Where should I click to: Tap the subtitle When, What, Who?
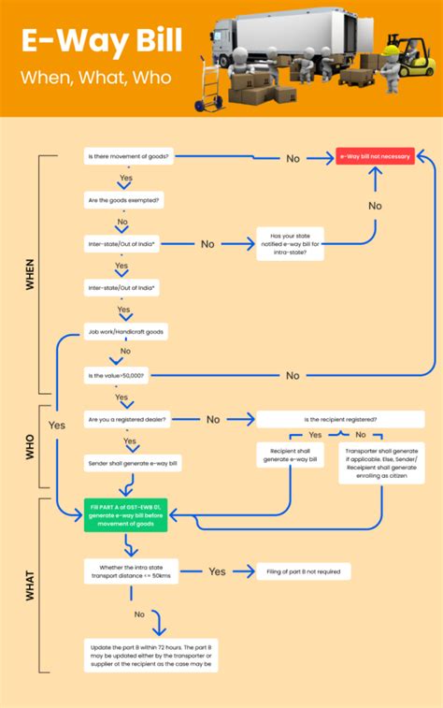point(97,78)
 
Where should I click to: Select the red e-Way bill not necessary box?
point(374,157)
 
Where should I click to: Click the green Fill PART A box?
point(125,514)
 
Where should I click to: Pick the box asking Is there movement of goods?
point(127,157)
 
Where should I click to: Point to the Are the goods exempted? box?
point(124,199)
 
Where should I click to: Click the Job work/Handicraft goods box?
point(126,331)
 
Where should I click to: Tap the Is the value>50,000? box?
point(116,375)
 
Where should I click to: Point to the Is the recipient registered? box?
point(335,419)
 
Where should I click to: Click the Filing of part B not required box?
point(303,571)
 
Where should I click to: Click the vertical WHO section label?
point(29,447)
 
